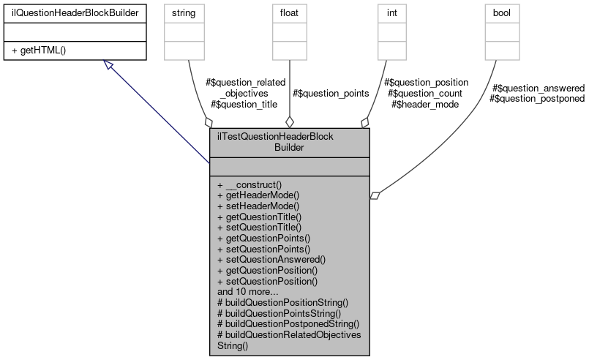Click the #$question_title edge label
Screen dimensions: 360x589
coord(244,105)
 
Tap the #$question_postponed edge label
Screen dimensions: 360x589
coord(538,99)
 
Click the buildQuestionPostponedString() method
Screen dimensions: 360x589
coord(286,323)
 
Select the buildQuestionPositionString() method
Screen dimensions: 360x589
coord(282,301)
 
